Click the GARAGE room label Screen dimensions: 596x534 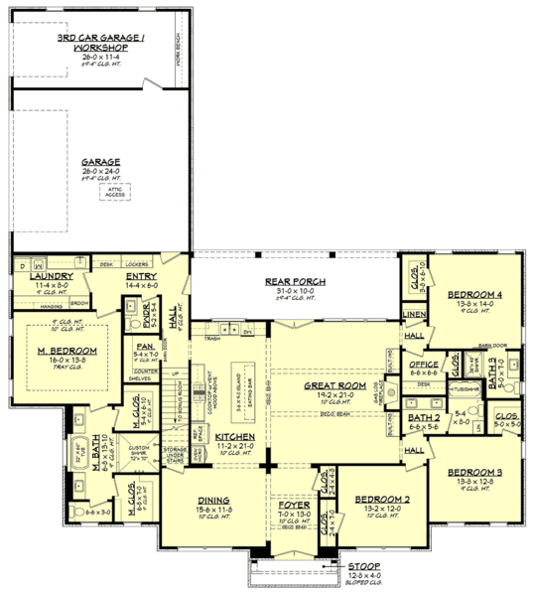(101, 160)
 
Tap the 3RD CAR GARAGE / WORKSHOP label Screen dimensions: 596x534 (102, 43)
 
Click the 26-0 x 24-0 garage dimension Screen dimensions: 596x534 (101, 169)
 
